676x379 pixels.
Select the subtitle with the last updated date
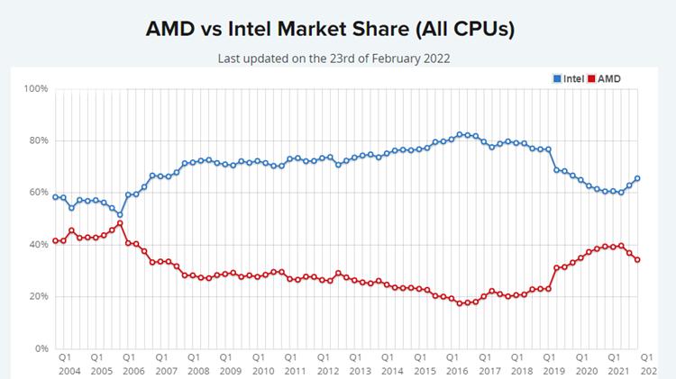pyautogui.click(x=333, y=59)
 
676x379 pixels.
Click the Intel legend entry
pyautogui.click(x=568, y=79)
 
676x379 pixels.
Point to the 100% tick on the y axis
pyautogui.click(x=36, y=89)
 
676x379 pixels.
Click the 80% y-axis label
pyautogui.click(x=38, y=140)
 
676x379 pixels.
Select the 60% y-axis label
pyautogui.click(x=38, y=193)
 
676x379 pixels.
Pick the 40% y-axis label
pyautogui.click(x=38, y=245)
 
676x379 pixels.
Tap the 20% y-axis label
pyautogui.click(x=38, y=297)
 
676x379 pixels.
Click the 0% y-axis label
pyautogui.click(x=41, y=348)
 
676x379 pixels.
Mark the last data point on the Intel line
pyautogui.click(x=638, y=178)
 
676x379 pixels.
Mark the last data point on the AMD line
pyautogui.click(x=638, y=260)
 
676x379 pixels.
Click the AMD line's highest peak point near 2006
pyautogui.click(x=120, y=223)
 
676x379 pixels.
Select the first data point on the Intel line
pyautogui.click(x=55, y=197)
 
